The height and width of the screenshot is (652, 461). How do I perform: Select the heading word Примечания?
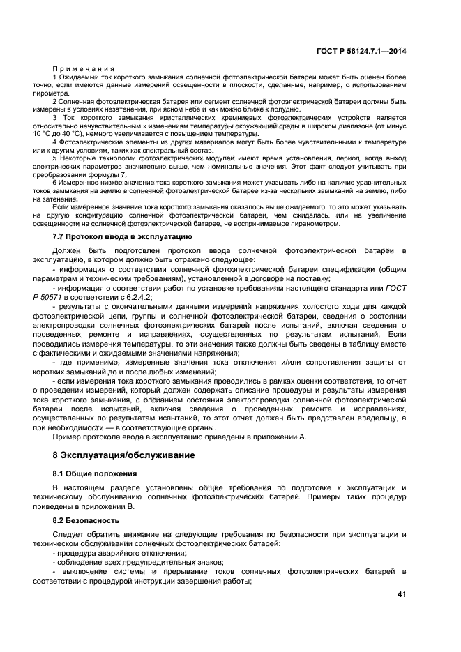click(x=84, y=68)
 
